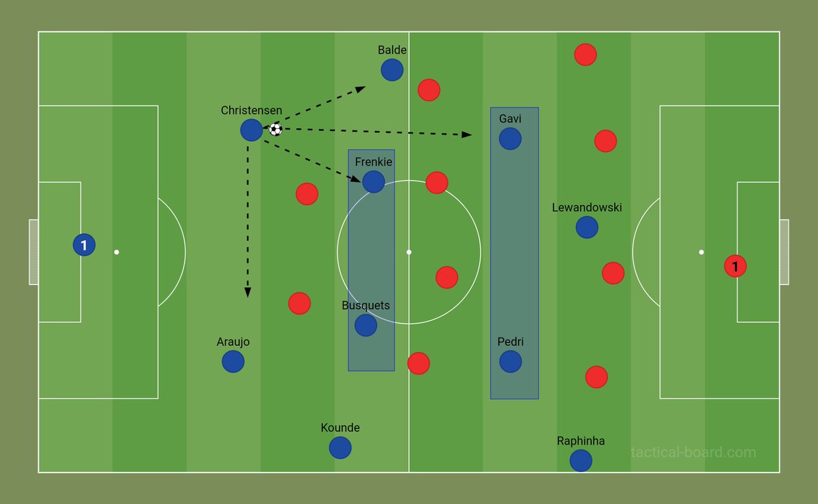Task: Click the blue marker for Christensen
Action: tap(252, 130)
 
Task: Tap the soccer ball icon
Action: tap(275, 129)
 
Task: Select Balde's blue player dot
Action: tap(392, 70)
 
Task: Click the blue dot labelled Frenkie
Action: tap(374, 181)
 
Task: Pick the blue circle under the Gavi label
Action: tap(510, 138)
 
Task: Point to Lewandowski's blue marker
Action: tap(587, 227)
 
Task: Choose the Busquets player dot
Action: tap(366, 325)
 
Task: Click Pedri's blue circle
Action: tap(511, 361)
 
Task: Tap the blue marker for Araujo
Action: tap(233, 361)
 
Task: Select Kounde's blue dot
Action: tap(340, 447)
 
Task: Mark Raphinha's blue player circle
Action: tap(581, 460)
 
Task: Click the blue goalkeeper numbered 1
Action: tap(84, 245)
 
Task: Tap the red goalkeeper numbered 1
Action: tap(735, 266)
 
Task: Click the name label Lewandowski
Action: tap(587, 207)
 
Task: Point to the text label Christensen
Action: tap(252, 110)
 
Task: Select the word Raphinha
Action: tap(581, 441)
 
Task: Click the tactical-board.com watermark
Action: tap(693, 452)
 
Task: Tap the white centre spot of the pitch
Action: tap(409, 252)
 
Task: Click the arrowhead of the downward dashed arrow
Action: tap(247, 293)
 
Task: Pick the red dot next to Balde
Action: tap(429, 89)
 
